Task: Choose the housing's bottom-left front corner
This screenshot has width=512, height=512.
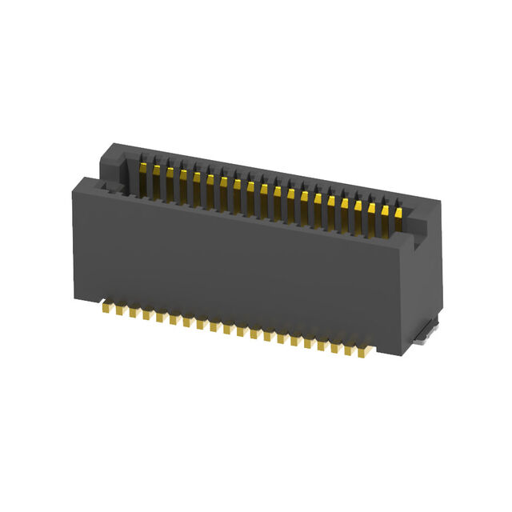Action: pos(78,301)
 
